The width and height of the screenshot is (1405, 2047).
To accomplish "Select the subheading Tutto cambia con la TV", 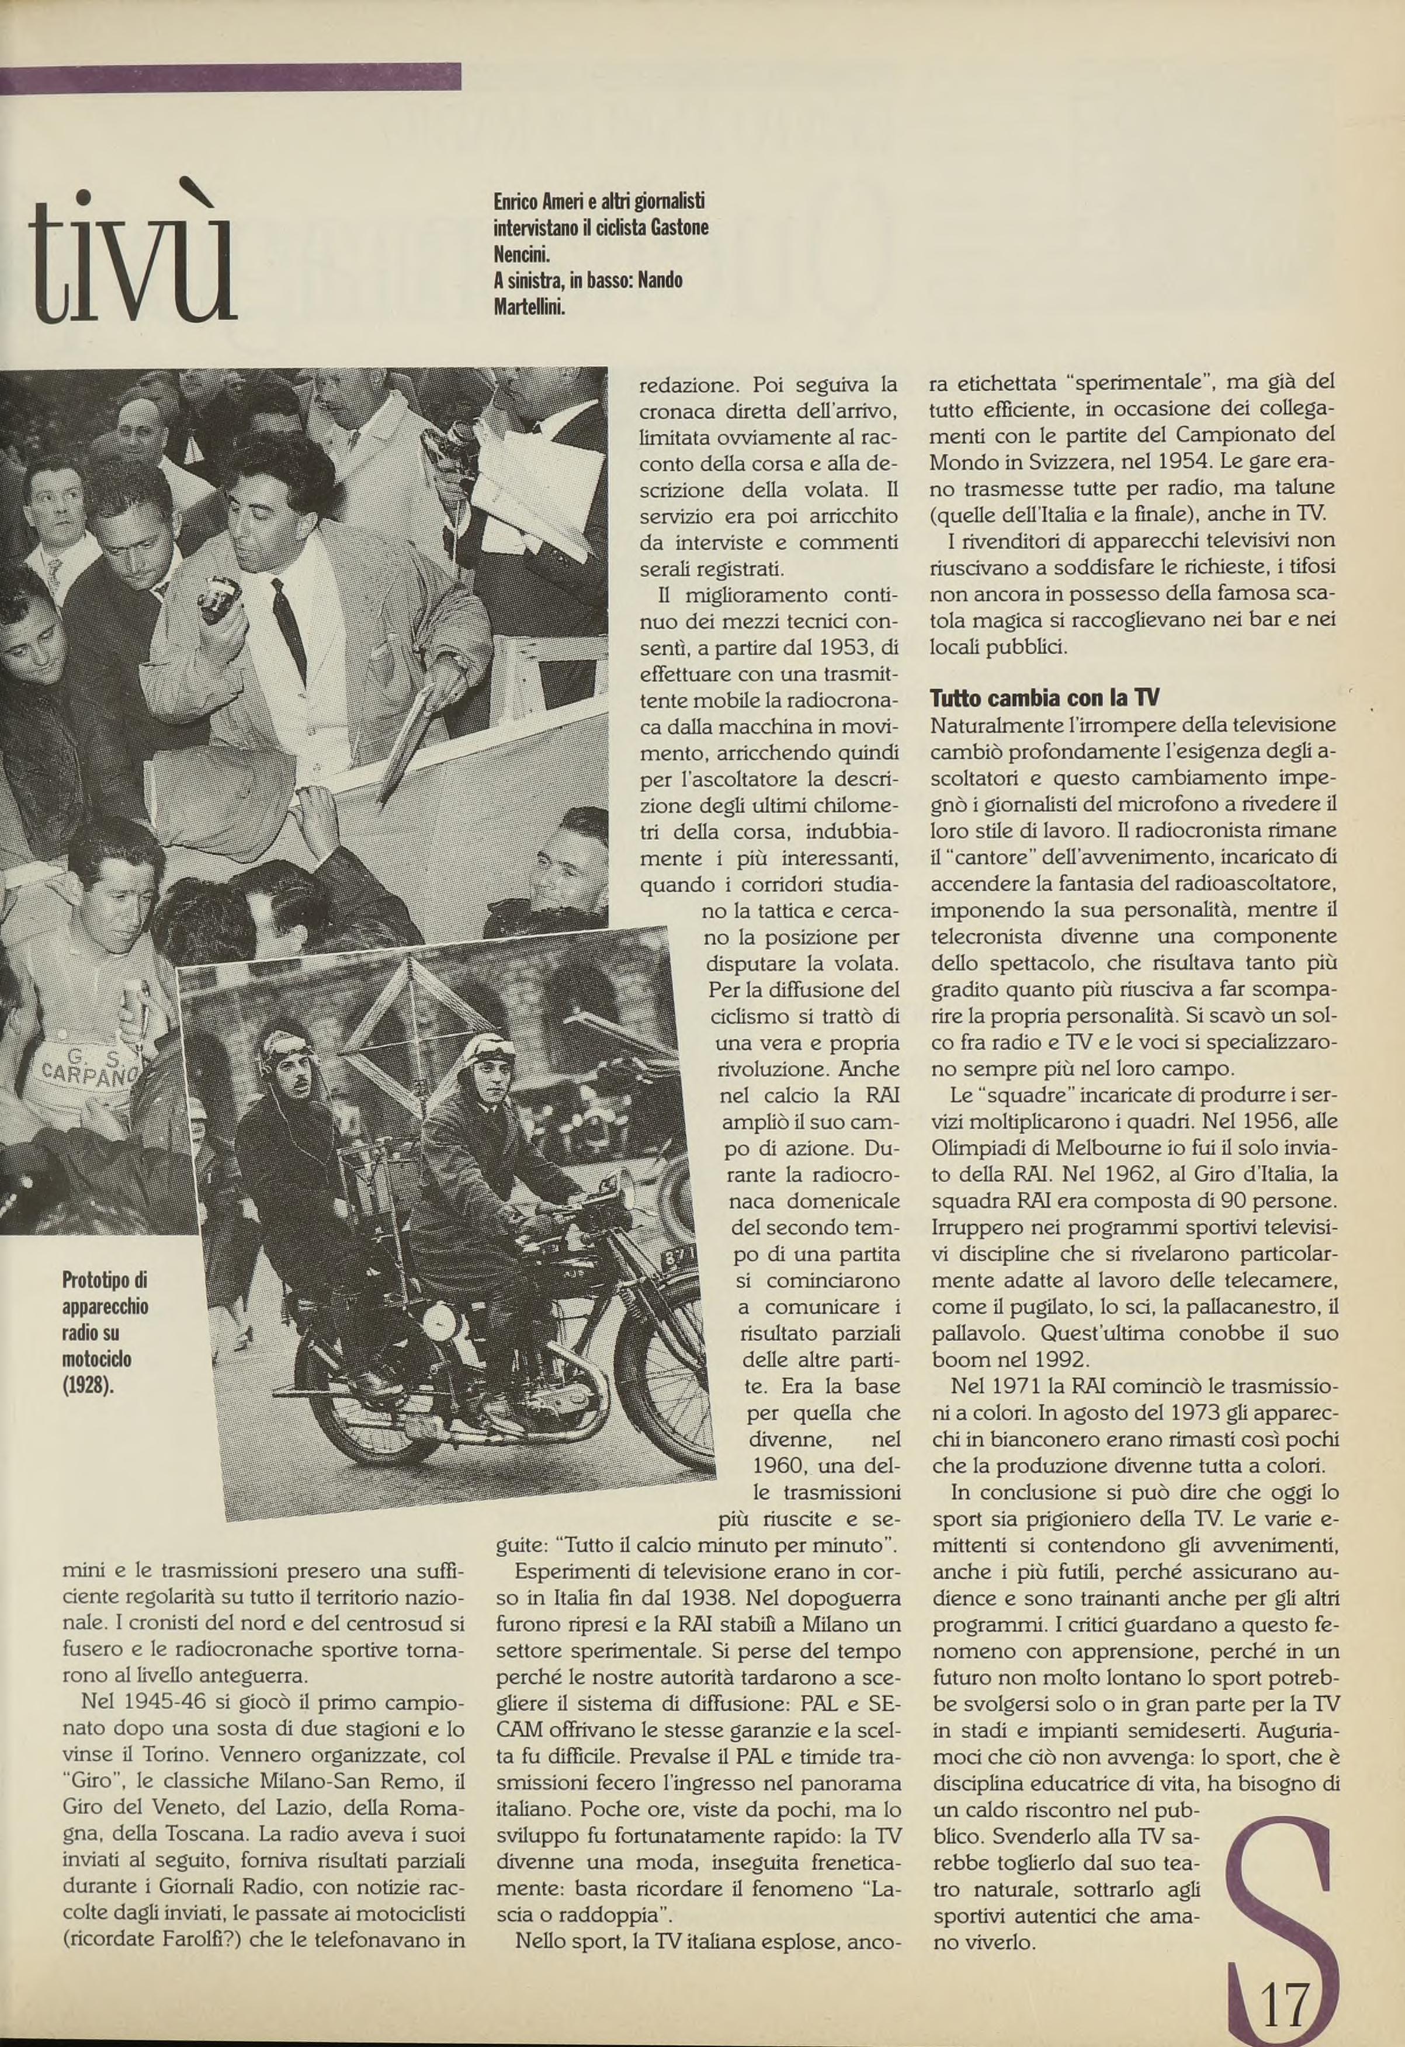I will (x=1045, y=697).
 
